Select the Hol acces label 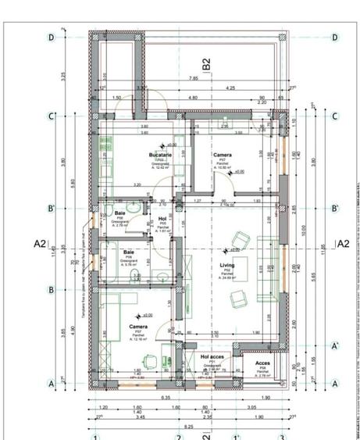(x=212, y=356)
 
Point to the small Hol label (x=163, y=219)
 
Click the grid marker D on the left (x=52, y=37)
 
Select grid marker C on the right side (x=334, y=116)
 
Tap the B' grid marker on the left (x=52, y=209)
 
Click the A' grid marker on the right (x=334, y=346)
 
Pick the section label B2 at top (x=206, y=65)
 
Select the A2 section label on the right (x=341, y=244)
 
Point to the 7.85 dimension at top (x=194, y=78)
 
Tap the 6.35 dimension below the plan (x=166, y=397)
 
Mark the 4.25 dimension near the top (x=232, y=88)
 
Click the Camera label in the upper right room (x=222, y=155)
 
